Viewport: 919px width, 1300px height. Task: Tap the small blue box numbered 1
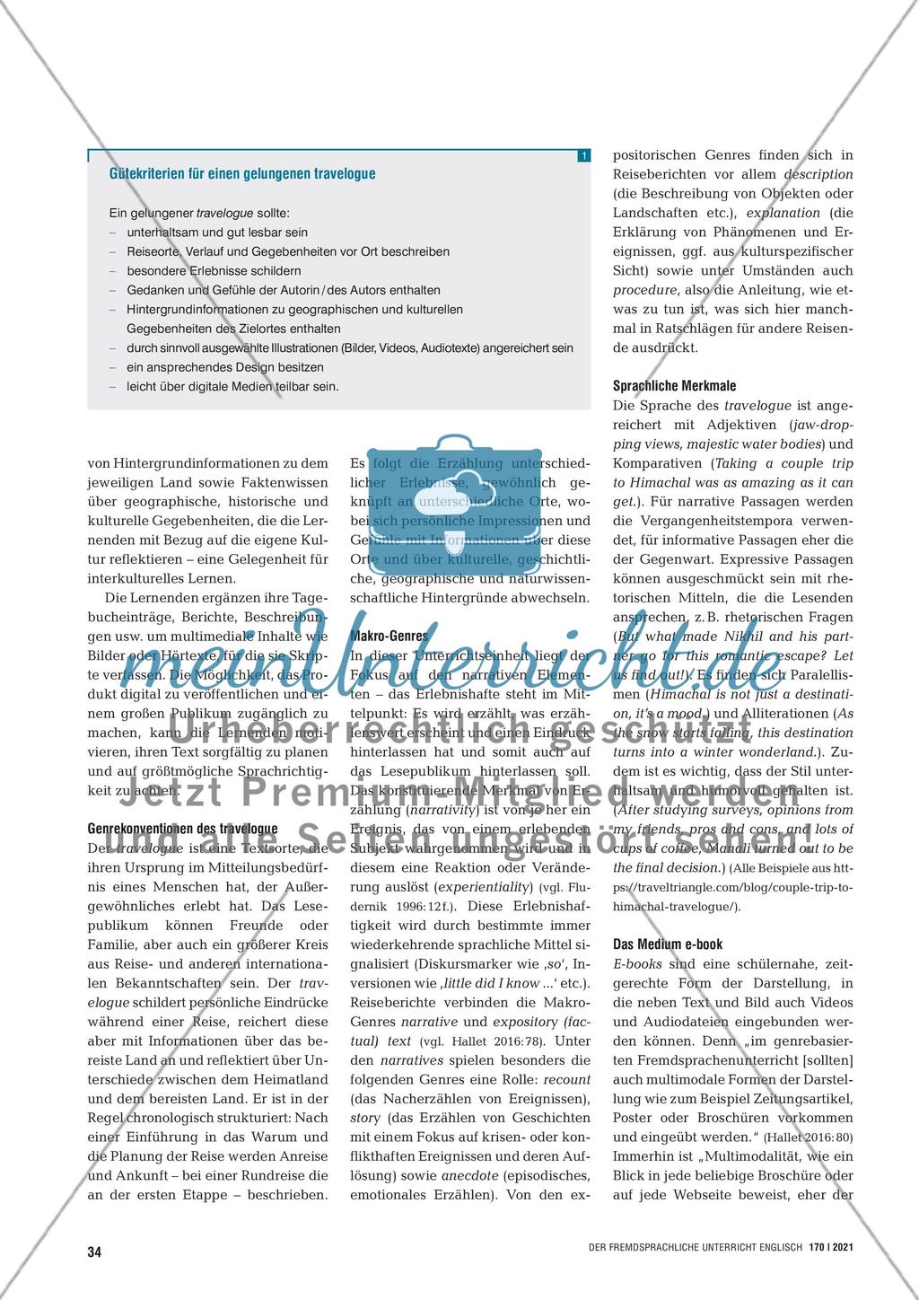click(583, 156)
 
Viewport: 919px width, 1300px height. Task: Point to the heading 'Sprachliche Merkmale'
click(674, 385)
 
